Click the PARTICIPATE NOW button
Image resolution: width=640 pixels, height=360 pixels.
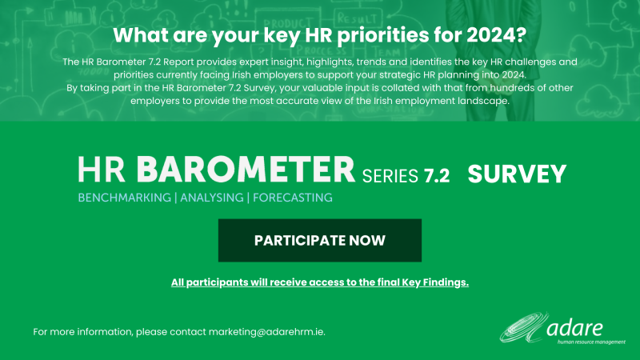[319, 241]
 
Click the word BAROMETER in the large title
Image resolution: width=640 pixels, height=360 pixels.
[246, 170]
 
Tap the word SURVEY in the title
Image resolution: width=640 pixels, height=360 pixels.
[517, 174]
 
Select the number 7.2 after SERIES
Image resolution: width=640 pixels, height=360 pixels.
[436, 176]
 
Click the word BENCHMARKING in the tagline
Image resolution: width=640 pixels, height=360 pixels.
[125, 198]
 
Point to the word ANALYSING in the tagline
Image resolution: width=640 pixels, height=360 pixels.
[212, 198]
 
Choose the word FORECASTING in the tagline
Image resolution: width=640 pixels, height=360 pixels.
[293, 198]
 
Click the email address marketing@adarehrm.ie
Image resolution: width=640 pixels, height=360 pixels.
[267, 332]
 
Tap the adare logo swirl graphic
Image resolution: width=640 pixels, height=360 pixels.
[524, 328]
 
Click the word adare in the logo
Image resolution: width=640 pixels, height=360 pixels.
[574, 328]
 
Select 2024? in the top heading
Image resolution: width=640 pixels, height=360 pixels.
[497, 35]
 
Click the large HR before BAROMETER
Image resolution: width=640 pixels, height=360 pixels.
[102, 170]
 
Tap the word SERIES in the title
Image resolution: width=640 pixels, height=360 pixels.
[390, 176]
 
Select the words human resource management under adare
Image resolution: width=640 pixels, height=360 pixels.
[591, 342]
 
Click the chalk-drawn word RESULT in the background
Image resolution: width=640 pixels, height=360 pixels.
[356, 18]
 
